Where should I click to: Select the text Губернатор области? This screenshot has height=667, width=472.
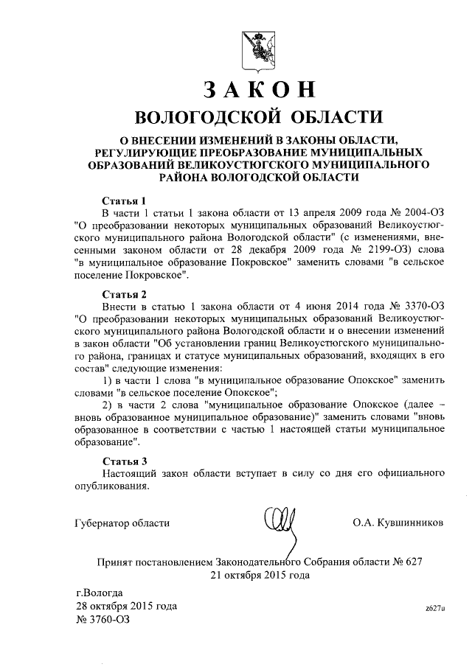pos(122,523)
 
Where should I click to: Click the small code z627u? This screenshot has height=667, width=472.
pos(435,609)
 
